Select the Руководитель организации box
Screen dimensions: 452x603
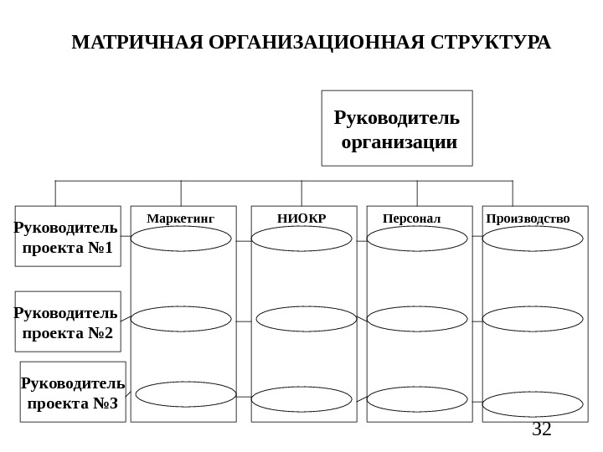point(396,128)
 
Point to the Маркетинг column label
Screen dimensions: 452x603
point(180,219)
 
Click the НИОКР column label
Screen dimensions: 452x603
point(301,219)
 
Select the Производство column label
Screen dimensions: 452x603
point(528,219)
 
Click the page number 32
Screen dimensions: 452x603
point(542,430)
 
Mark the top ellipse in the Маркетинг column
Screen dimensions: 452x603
point(181,239)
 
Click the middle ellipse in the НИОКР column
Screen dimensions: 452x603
point(307,319)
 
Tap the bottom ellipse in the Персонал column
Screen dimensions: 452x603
point(417,398)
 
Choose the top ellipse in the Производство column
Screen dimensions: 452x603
point(533,239)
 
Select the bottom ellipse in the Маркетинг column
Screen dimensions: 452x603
point(186,394)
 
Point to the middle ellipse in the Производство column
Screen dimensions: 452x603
point(533,319)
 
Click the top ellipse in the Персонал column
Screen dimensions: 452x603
point(417,239)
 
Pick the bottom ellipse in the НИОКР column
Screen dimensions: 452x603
point(301,398)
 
